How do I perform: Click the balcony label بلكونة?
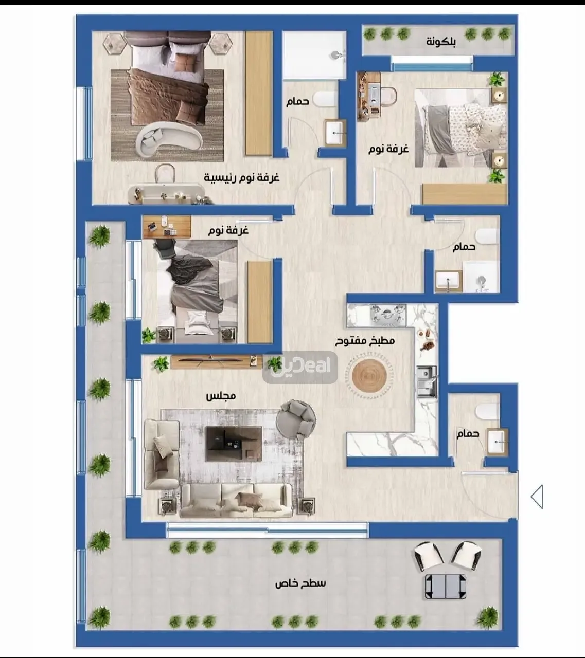click(x=441, y=42)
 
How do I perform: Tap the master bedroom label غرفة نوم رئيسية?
click(x=242, y=178)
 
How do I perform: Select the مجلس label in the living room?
click(x=221, y=396)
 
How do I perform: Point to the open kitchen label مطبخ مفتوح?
click(x=365, y=341)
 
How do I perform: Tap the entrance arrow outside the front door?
click(x=537, y=497)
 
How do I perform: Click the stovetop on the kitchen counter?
click(x=388, y=315)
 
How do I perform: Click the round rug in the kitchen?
click(x=369, y=375)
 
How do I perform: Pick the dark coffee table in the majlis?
click(x=234, y=444)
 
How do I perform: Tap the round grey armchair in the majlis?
click(x=296, y=420)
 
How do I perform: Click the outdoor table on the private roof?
click(x=446, y=586)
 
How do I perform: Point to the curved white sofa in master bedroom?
click(x=169, y=139)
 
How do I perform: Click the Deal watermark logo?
click(x=300, y=368)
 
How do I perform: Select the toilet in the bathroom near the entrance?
click(x=487, y=412)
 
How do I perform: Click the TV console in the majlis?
click(x=216, y=362)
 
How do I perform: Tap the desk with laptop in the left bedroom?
click(x=167, y=227)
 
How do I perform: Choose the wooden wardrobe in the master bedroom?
click(x=258, y=93)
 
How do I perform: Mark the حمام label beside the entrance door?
click(x=468, y=433)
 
